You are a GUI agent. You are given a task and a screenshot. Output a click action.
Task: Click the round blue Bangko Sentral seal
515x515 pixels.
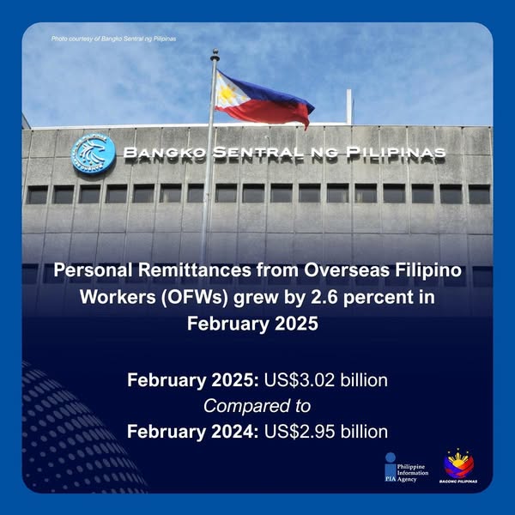point(94,154)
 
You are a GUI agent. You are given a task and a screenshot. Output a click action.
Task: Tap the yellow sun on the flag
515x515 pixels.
point(227,94)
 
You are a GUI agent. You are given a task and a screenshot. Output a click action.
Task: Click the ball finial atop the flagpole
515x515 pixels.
point(215,52)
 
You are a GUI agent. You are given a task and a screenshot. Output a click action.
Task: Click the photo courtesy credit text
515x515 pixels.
point(113,39)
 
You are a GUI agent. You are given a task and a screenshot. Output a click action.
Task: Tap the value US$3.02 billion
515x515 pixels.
point(326,380)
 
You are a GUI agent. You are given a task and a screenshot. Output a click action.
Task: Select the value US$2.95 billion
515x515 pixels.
point(326,431)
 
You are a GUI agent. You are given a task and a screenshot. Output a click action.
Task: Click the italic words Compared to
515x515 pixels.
point(257,406)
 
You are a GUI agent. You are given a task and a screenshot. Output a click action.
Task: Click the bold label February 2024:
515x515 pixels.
point(193,432)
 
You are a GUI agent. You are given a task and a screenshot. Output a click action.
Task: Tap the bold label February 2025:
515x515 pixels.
point(193,380)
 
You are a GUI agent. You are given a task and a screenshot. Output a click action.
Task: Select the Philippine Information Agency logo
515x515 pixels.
point(407,468)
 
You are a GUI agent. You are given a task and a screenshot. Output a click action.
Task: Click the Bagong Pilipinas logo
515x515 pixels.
point(458,466)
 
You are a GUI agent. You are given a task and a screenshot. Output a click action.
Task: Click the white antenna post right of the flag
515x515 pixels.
point(348,107)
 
